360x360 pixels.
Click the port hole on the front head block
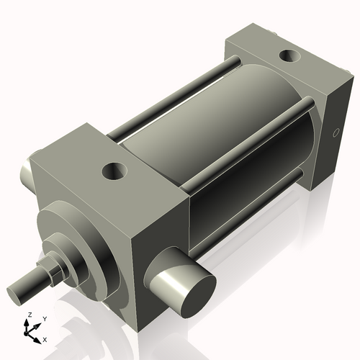tap(114, 171)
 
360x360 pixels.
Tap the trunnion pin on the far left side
tap(27, 171)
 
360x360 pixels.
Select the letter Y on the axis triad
tap(44, 318)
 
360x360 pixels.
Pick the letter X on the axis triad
tap(45, 338)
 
